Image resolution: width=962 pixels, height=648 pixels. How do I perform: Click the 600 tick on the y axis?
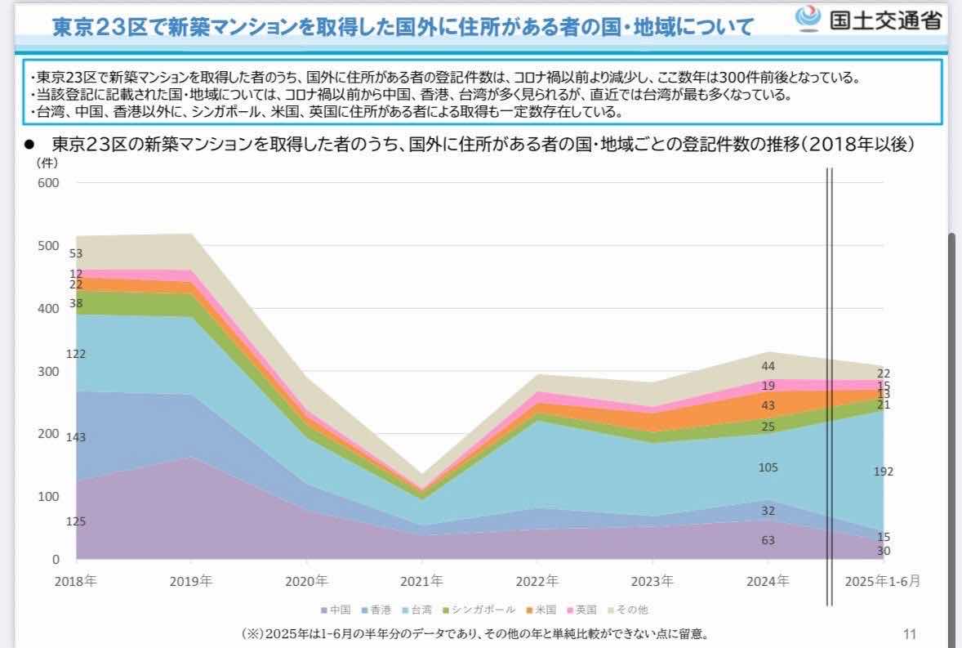pyautogui.click(x=48, y=183)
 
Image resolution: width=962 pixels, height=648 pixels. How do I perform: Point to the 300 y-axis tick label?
pyautogui.click(x=48, y=372)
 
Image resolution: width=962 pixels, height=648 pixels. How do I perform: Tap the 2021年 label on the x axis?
pyautogui.click(x=421, y=582)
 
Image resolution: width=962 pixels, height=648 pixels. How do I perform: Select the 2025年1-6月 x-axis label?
pyautogui.click(x=883, y=582)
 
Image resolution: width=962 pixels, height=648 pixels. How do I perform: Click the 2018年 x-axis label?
pyautogui.click(x=76, y=582)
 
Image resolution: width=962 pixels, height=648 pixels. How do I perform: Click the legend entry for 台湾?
pyautogui.click(x=418, y=610)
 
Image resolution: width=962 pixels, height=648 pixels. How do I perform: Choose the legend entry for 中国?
pyautogui.click(x=336, y=610)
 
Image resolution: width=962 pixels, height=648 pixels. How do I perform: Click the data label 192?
pyautogui.click(x=884, y=471)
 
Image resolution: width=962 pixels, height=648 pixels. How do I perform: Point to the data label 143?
pyautogui.click(x=76, y=437)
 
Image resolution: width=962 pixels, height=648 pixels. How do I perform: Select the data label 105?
pyautogui.click(x=768, y=467)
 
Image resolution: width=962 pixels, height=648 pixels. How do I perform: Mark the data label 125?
pyautogui.click(x=76, y=521)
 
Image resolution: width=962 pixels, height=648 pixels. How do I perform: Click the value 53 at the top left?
pyautogui.click(x=76, y=253)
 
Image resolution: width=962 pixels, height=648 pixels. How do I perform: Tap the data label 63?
pyautogui.click(x=768, y=540)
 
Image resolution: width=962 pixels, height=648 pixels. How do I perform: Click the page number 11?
pyautogui.click(x=910, y=633)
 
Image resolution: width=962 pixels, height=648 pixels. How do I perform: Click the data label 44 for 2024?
pyautogui.click(x=768, y=366)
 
